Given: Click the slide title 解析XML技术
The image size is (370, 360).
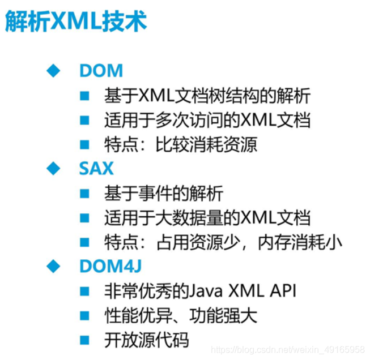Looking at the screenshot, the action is [75, 22].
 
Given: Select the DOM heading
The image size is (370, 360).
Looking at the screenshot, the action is [101, 71].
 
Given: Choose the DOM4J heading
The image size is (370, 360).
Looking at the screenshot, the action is [109, 266].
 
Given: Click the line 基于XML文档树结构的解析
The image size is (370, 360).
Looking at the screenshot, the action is [207, 96].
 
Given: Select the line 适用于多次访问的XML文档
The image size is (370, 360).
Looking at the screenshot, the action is [207, 120].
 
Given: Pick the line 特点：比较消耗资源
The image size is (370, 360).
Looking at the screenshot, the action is [181, 144].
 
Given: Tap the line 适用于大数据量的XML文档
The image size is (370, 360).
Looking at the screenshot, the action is [207, 218].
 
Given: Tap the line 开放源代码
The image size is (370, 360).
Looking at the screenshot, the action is [146, 340].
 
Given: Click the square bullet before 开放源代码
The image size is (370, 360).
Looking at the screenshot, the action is [84, 340].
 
